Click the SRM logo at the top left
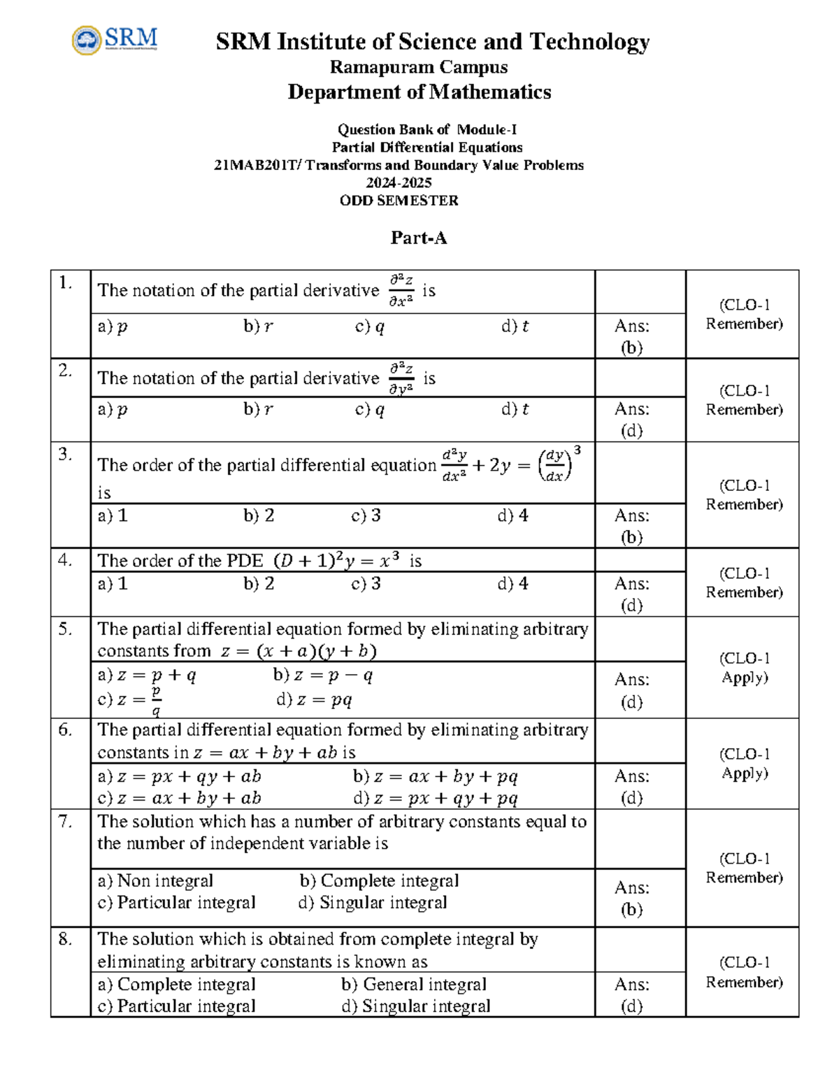coord(115,40)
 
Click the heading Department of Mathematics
coord(419,92)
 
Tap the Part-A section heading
coord(418,238)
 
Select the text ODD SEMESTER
coord(399,201)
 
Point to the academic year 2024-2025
coord(399,183)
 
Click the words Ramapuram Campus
coord(418,67)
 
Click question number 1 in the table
coord(66,283)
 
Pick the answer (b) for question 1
coord(631,348)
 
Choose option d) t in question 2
coord(515,410)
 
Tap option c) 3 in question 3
coord(366,516)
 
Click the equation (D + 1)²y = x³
coord(336,561)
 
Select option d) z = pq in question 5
coord(314,700)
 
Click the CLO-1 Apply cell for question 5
coord(744,668)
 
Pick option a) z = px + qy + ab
coord(179,776)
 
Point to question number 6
coord(65,729)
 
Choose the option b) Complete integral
coord(379,880)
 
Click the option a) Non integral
coord(155,880)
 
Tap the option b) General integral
coord(414,985)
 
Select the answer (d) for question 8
coord(631,1006)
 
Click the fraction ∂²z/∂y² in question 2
coord(401,378)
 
